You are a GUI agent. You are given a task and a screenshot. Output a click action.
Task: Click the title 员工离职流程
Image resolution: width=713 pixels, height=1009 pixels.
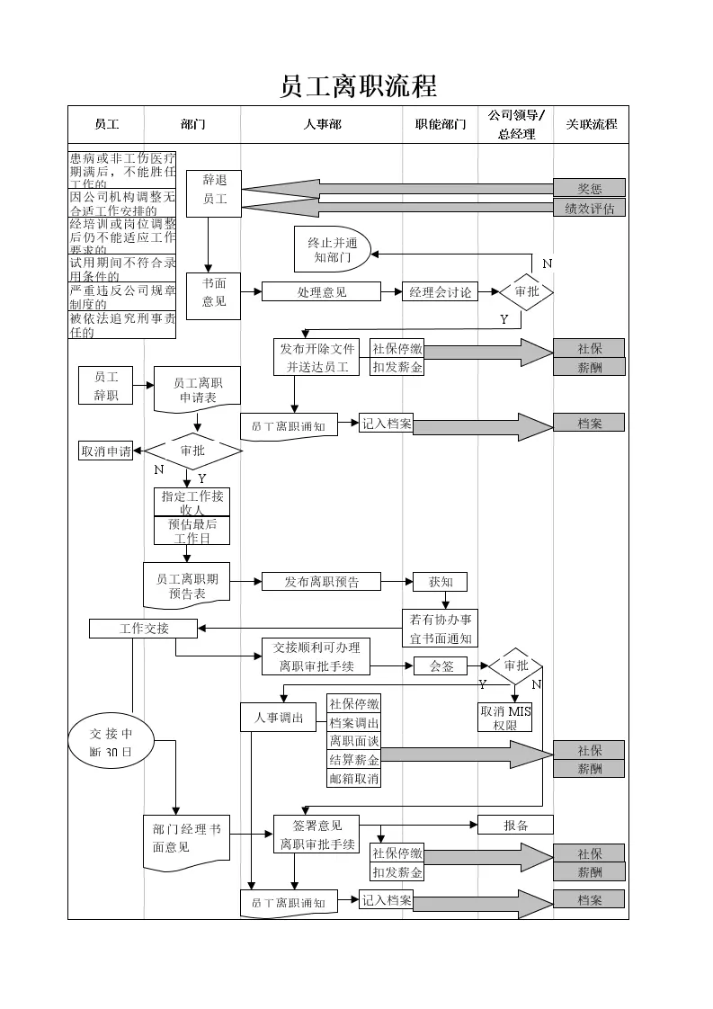(x=358, y=86)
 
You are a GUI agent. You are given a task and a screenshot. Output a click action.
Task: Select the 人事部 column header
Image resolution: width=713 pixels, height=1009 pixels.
(x=322, y=124)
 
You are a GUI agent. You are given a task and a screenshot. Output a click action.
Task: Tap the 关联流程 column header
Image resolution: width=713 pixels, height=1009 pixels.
(x=591, y=124)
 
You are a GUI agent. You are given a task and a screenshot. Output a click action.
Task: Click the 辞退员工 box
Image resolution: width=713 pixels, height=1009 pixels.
(x=214, y=193)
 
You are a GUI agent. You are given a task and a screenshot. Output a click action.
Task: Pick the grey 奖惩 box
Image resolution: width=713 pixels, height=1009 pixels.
(x=589, y=188)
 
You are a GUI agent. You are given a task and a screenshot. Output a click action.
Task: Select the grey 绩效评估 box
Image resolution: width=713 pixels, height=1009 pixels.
(x=589, y=208)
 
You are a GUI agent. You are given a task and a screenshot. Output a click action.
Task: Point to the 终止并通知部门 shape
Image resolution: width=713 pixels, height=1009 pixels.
(x=331, y=249)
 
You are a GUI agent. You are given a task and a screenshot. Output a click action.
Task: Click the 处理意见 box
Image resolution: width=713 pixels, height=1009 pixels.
(x=321, y=291)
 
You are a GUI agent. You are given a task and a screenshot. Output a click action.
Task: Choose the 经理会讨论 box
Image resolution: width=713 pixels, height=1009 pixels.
(x=440, y=291)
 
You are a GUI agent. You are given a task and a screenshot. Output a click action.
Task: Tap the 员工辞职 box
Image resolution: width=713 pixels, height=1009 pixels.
(x=105, y=386)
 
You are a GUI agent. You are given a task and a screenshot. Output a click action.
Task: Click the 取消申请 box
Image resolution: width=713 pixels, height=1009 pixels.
(x=106, y=451)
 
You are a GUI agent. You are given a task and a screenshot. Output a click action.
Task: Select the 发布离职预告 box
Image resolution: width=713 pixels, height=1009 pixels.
(x=321, y=582)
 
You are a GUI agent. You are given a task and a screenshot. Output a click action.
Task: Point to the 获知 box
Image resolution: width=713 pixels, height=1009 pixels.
(x=441, y=582)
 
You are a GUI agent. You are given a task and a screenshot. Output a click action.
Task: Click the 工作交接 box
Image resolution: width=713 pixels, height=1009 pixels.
(x=144, y=629)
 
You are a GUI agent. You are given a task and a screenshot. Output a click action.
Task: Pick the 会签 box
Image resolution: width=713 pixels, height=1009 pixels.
(x=441, y=666)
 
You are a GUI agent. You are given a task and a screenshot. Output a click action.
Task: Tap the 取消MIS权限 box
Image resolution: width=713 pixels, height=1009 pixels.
(x=505, y=717)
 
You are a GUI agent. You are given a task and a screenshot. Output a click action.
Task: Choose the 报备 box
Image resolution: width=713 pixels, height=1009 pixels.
(x=515, y=825)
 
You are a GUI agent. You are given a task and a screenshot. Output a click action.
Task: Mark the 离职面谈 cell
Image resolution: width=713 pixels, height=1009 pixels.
(x=353, y=741)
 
